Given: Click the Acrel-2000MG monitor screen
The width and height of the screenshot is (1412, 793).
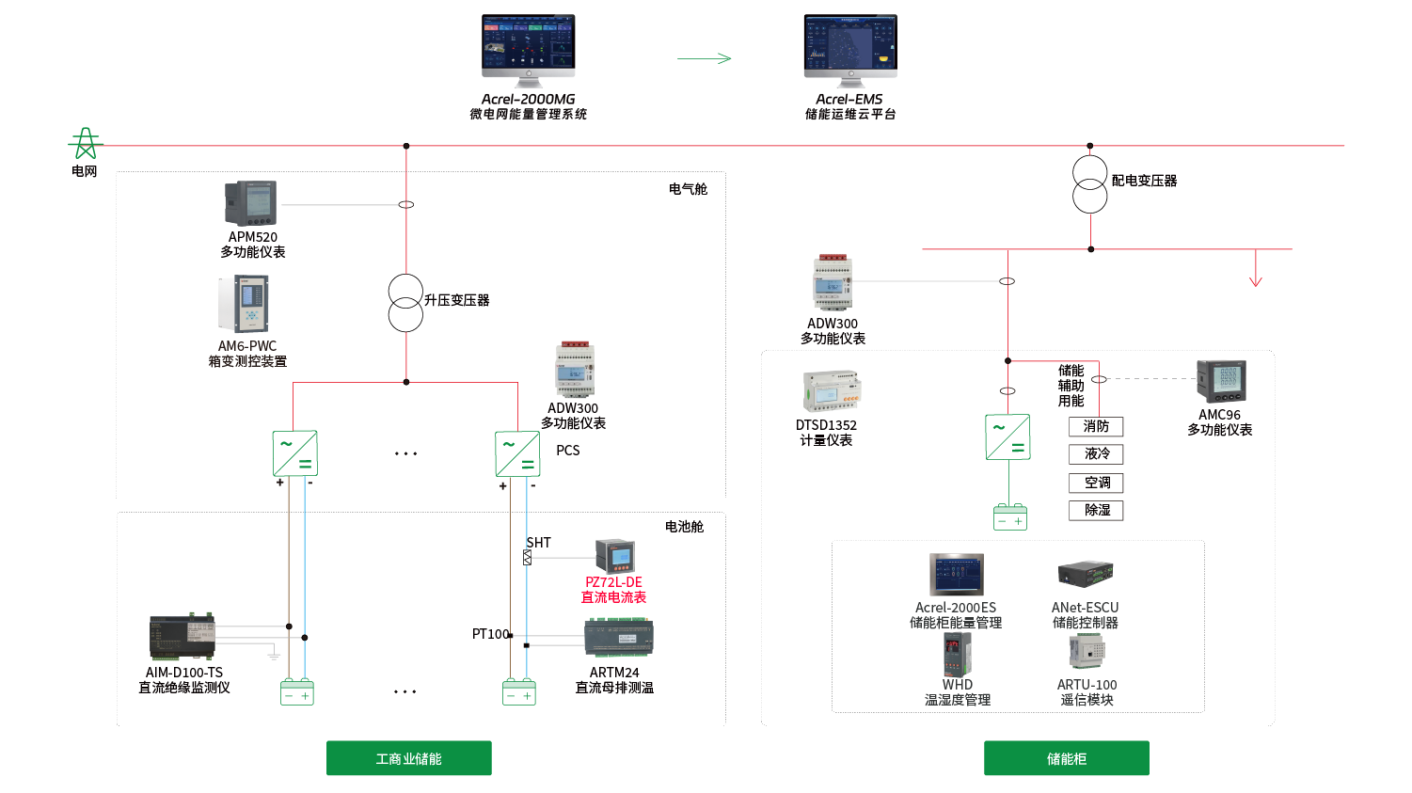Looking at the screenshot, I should [x=528, y=43].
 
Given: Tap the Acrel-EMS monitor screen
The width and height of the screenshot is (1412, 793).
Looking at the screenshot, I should [x=850, y=43].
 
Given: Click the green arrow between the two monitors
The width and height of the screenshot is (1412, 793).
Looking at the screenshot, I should [x=705, y=58].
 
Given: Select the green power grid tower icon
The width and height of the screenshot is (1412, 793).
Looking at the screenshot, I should [x=85, y=144].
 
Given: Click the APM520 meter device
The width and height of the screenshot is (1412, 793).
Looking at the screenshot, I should [x=250, y=203].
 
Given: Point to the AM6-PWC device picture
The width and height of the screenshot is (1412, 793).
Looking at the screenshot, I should [x=249, y=304].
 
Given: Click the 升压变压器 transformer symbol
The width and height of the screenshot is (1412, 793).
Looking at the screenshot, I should [x=405, y=303].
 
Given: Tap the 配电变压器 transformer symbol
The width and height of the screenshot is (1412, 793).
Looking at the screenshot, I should [x=1090, y=184].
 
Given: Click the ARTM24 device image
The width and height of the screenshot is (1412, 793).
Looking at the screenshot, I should [x=618, y=639].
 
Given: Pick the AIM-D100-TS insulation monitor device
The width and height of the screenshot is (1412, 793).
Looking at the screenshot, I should [x=182, y=638].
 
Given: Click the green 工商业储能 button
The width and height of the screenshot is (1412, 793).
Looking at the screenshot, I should [x=409, y=758].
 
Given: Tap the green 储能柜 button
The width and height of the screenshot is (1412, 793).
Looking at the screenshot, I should [x=1066, y=758].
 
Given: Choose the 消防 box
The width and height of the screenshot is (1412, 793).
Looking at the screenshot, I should [x=1096, y=427].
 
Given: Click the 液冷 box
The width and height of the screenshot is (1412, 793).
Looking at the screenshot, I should [x=1096, y=454].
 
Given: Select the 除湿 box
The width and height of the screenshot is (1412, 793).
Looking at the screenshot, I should [x=1096, y=510].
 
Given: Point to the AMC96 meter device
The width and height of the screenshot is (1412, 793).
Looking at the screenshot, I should [x=1220, y=381].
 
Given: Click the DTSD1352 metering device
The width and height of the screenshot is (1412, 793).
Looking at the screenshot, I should [x=831, y=391].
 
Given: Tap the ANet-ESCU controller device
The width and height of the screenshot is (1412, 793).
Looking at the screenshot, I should [x=1086, y=574].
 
